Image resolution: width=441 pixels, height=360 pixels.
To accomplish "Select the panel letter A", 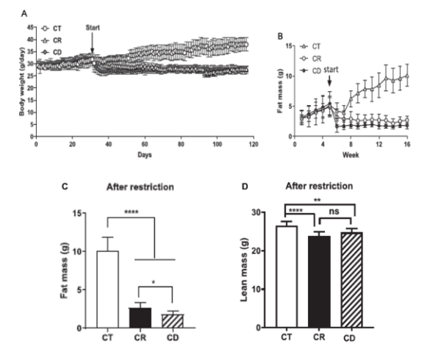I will coord(26,12).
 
